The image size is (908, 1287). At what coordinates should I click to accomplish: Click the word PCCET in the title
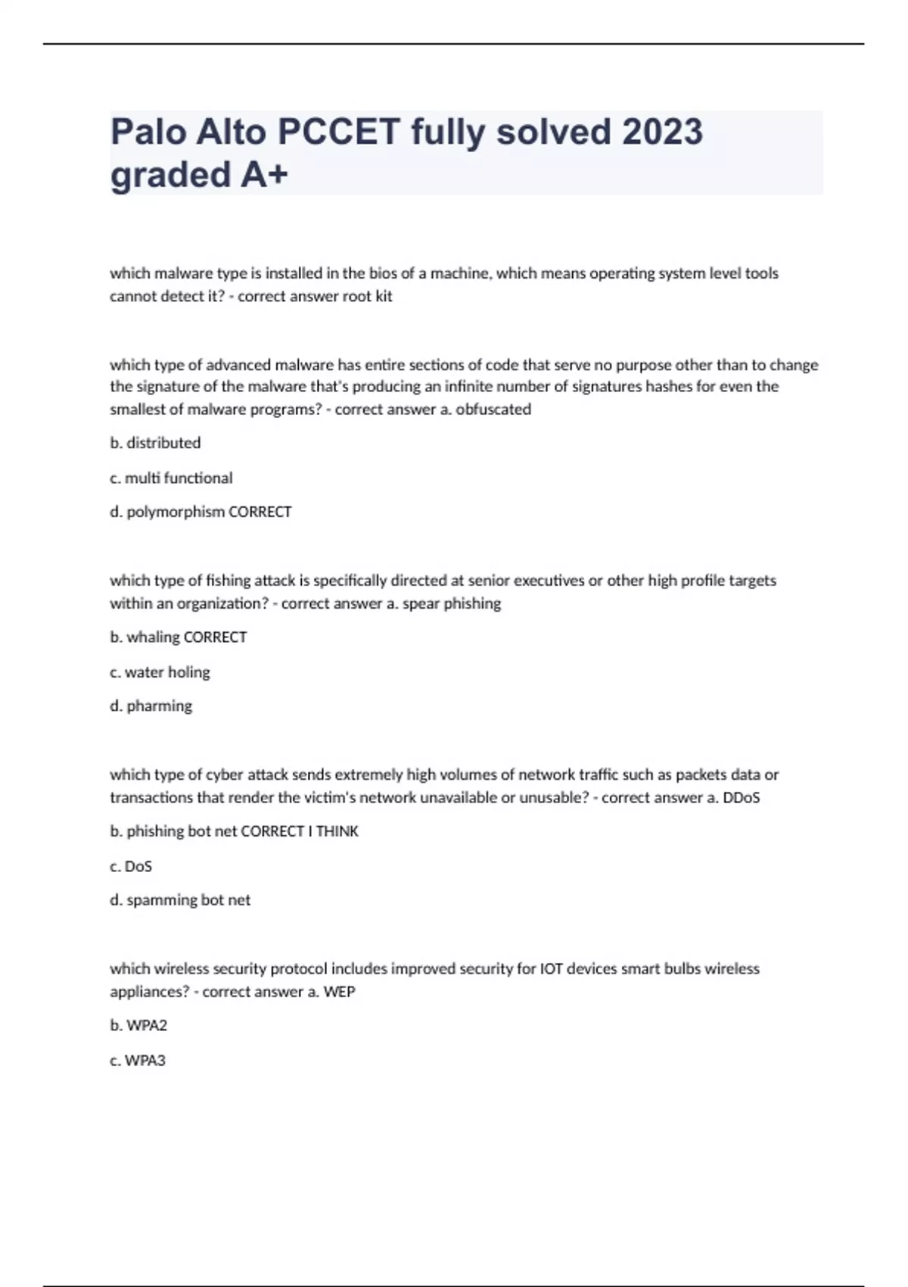click(x=338, y=132)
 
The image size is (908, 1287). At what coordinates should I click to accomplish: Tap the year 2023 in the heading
click(x=662, y=132)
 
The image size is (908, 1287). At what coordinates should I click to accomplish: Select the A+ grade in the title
click(x=264, y=175)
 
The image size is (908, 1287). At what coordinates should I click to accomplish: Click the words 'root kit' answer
click(x=367, y=296)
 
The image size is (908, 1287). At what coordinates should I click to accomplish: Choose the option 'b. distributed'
click(x=155, y=443)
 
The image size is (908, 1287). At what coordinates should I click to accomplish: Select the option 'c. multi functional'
click(x=171, y=478)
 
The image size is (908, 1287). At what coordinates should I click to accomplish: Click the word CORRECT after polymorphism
click(x=260, y=512)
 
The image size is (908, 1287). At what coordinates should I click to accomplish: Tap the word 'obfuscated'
click(x=493, y=410)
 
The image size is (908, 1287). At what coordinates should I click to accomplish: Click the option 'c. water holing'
click(x=160, y=672)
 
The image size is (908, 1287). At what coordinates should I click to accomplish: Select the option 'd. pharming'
click(x=151, y=706)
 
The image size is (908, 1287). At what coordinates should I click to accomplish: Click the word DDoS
click(x=742, y=797)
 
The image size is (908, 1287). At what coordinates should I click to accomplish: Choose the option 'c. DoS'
click(x=131, y=866)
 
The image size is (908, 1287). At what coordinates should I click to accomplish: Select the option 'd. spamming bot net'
click(x=180, y=900)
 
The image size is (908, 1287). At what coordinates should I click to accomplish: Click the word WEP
click(x=339, y=992)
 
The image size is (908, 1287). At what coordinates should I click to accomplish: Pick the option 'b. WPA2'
click(x=138, y=1026)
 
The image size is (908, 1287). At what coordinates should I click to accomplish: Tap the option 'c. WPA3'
click(x=138, y=1061)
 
